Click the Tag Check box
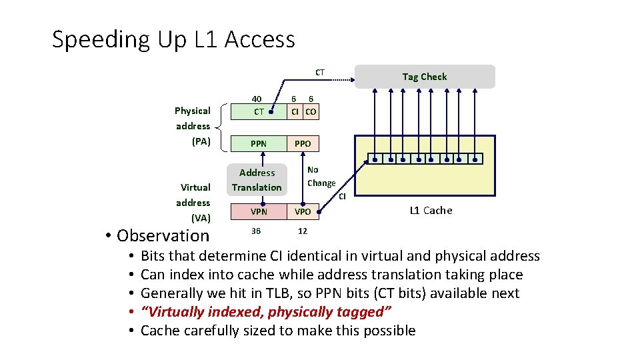425,77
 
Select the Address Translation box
257,180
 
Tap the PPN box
258,143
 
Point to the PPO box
303,143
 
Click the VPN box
258,211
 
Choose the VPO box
303,211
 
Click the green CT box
258,111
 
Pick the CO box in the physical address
311,111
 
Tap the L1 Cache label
430,211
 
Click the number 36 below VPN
257,231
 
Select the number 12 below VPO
302,231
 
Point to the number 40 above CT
257,98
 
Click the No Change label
321,177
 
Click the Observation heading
163,235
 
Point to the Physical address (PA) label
193,126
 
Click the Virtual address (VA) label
193,203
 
